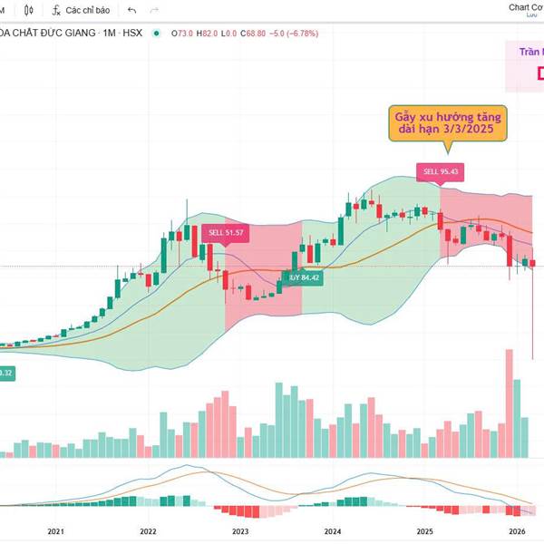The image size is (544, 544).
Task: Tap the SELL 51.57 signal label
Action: pyautogui.click(x=224, y=233)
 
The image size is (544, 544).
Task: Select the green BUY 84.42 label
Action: pyautogui.click(x=303, y=277)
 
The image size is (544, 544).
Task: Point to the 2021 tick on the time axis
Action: pyautogui.click(x=55, y=532)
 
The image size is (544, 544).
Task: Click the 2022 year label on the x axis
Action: pyautogui.click(x=149, y=532)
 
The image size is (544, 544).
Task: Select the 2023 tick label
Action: pyautogui.click(x=241, y=532)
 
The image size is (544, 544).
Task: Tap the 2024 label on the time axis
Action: pyautogui.click(x=333, y=532)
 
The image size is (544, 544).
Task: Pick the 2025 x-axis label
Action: pyautogui.click(x=425, y=532)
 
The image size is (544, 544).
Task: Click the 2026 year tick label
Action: pyautogui.click(x=517, y=532)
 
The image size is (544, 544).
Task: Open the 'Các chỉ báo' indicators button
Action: pyautogui.click(x=81, y=10)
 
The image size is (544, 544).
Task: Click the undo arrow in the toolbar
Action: pyautogui.click(x=132, y=10)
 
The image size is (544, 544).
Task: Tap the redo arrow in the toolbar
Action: pyautogui.click(x=153, y=10)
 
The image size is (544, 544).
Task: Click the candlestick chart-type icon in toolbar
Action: pyautogui.click(x=30, y=10)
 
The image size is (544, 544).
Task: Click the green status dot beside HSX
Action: pyautogui.click(x=157, y=34)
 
